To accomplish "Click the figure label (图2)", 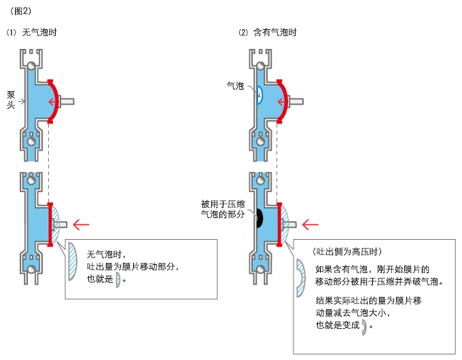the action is tap(20, 11).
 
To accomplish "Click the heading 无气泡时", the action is tap(39, 32).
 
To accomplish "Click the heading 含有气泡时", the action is tap(275, 32).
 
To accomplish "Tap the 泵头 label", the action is tap(11, 100).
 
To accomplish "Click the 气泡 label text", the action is tap(235, 86).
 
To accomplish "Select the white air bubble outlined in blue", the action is tap(260, 95).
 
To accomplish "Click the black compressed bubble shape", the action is tap(260, 218).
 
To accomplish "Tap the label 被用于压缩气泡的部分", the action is tap(223, 209).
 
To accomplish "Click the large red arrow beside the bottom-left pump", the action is tap(81, 224).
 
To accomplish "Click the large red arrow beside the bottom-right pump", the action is tap(310, 224).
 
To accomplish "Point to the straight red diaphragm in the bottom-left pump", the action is tap(50, 224).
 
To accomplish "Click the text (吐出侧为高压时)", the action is tap(347, 251).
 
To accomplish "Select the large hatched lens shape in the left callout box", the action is tap(73, 262).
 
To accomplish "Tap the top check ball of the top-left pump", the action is tap(31, 65).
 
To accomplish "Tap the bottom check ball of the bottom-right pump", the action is tap(260, 269).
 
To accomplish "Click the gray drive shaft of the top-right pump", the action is tap(296, 101).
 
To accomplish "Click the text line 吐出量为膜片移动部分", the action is tap(133, 266).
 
